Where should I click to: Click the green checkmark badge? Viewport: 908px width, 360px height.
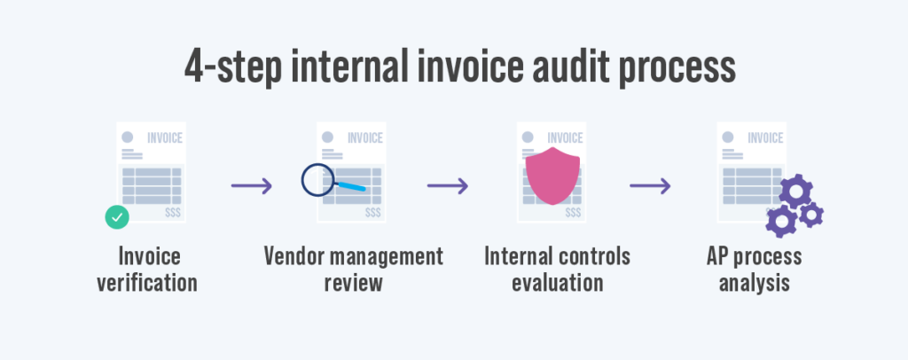(116, 216)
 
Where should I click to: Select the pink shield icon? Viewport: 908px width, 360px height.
(551, 173)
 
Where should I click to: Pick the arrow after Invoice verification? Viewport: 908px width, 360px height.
(251, 186)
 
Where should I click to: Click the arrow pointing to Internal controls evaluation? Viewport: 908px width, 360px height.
(448, 186)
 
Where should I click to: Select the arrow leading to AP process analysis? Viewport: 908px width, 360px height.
(649, 186)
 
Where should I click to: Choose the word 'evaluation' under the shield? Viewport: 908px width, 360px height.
(557, 284)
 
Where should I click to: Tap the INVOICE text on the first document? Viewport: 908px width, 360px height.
(164, 137)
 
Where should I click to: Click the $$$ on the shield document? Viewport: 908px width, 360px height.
(573, 212)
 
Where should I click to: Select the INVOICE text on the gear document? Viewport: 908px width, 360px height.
(765, 137)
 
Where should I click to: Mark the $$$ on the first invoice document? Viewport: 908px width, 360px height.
(173, 212)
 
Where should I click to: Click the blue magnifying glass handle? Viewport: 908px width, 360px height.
(351, 186)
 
